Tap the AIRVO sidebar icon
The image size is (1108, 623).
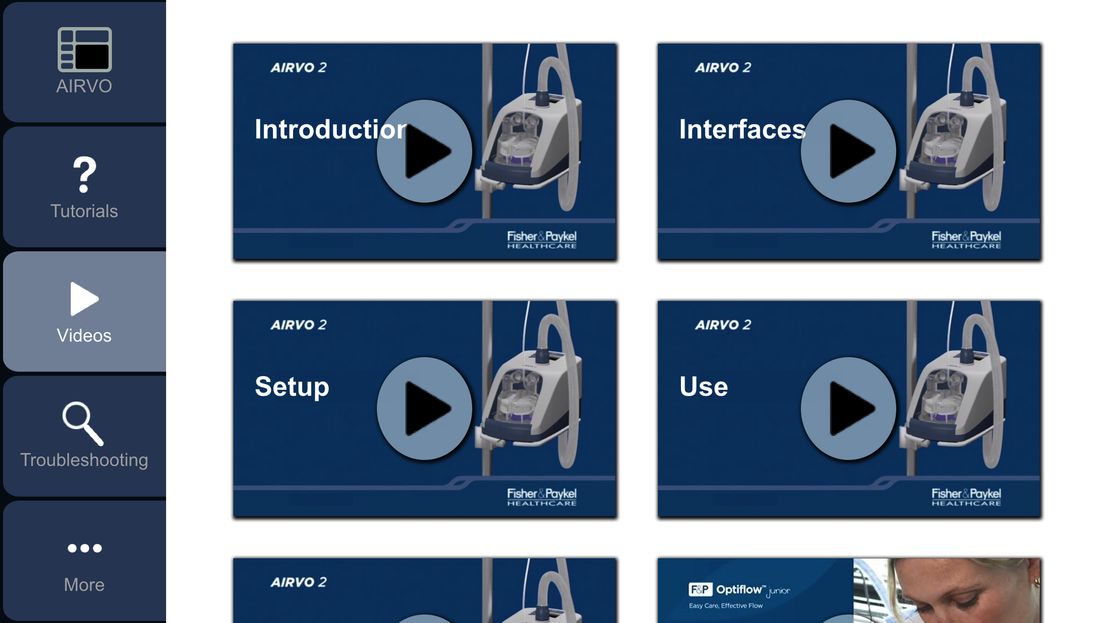(84, 50)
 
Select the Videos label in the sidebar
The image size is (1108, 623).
(84, 336)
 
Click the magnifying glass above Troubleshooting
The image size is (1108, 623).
(83, 423)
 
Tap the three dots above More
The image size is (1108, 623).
(84, 548)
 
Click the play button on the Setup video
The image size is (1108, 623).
(425, 408)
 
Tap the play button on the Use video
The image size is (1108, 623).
(849, 408)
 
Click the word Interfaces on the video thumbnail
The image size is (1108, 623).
(742, 129)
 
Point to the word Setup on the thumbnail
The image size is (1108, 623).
(292, 387)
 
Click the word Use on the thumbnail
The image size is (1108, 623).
(704, 387)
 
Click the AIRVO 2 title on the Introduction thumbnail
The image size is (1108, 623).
(299, 67)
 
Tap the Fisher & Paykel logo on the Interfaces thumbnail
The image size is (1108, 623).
(966, 239)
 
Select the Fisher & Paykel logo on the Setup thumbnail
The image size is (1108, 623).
(541, 497)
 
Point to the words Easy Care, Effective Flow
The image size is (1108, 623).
(726, 606)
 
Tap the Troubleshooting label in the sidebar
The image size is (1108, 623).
(84, 460)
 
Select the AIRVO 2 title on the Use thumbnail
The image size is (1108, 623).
(723, 325)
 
